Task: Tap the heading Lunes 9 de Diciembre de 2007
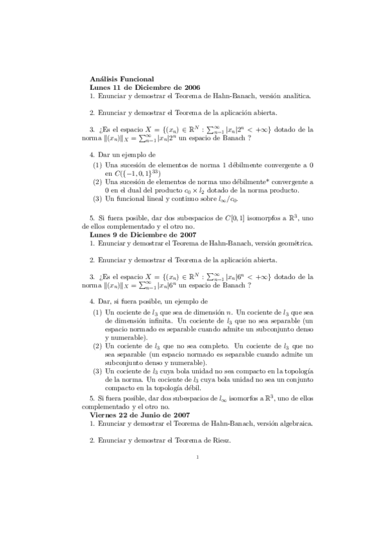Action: (x=144, y=235)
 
